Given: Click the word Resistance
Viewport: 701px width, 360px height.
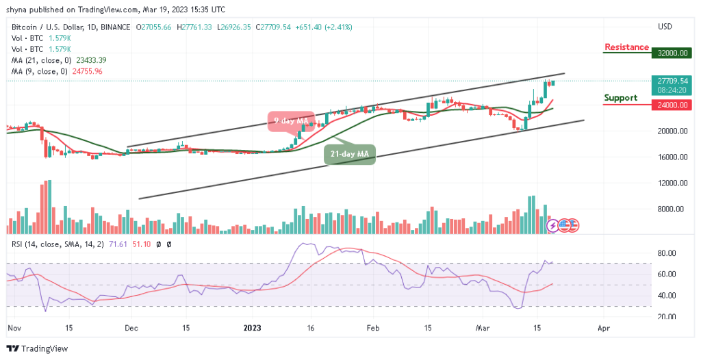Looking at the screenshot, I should pyautogui.click(x=626, y=47).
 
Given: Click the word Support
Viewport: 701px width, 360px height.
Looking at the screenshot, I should pyautogui.click(x=620, y=98).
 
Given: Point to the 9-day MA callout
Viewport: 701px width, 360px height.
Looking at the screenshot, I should pyautogui.click(x=290, y=121).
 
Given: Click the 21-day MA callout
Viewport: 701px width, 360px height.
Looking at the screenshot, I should pyautogui.click(x=350, y=155).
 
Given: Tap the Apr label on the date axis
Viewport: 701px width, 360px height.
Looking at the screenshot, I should pyautogui.click(x=603, y=328).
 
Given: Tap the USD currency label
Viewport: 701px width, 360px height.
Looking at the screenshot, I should pyautogui.click(x=665, y=27).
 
